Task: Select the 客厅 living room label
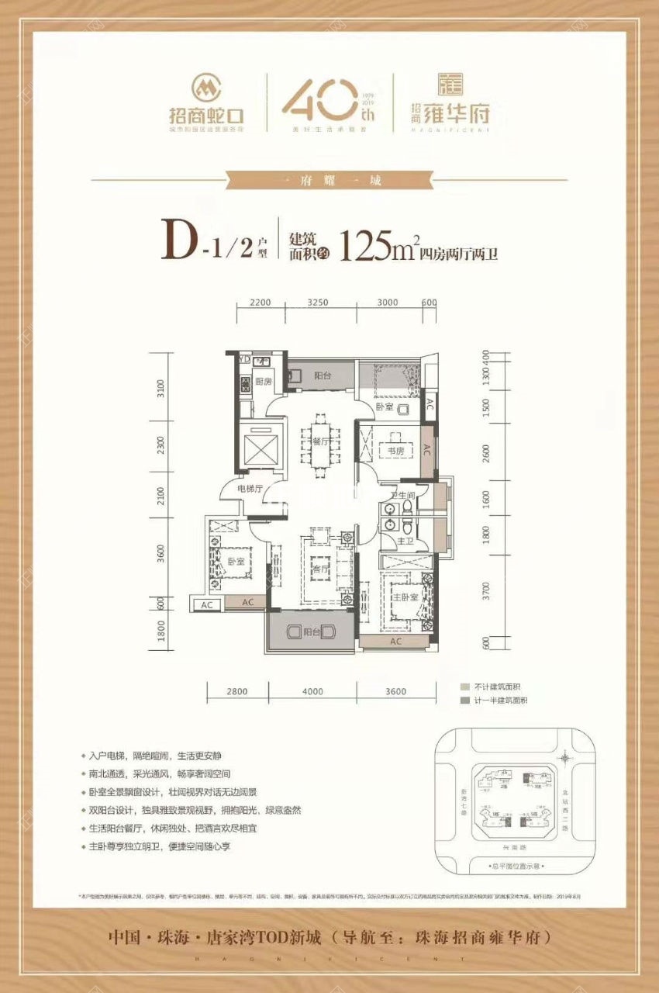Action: click(319, 567)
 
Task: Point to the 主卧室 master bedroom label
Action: click(404, 597)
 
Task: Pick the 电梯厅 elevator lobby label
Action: click(250, 489)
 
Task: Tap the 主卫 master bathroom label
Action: click(404, 541)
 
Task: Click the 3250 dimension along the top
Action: click(318, 303)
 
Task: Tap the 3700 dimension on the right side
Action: click(485, 591)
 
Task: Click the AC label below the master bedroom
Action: click(395, 642)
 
